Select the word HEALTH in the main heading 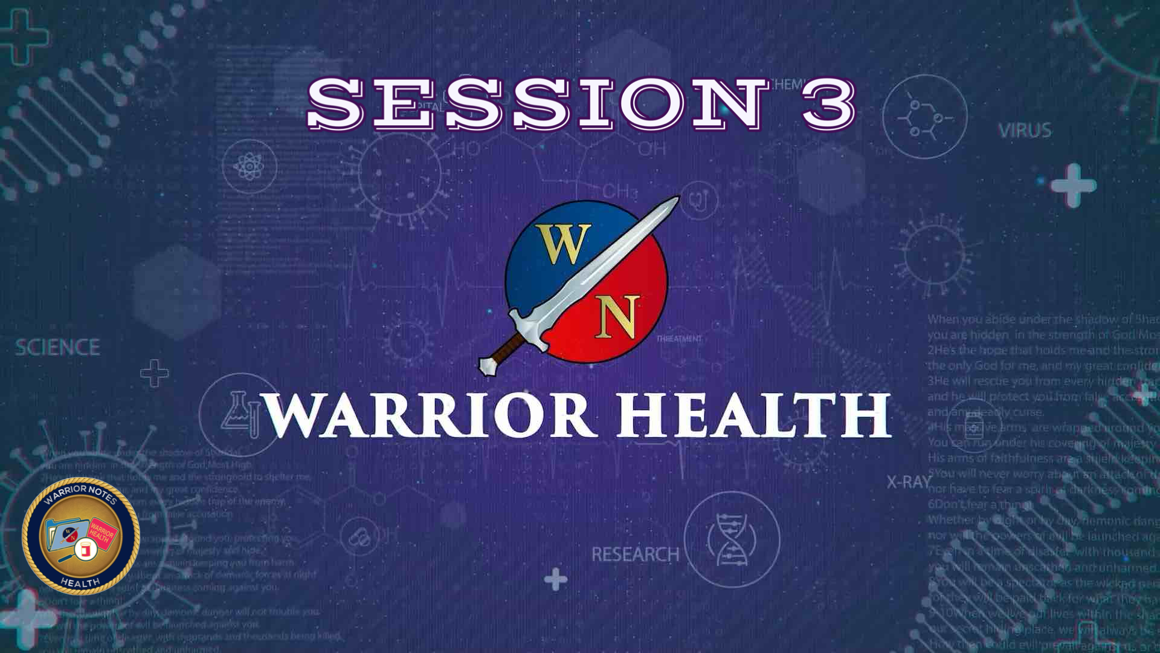(x=753, y=415)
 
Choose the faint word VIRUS (x=1025, y=131)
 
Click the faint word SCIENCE (x=57, y=347)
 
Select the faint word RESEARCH (x=634, y=554)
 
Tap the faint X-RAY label (x=909, y=482)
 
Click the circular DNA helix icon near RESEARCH (x=731, y=539)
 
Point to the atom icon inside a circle (x=249, y=166)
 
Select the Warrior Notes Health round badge (x=81, y=536)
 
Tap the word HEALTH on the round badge (x=80, y=582)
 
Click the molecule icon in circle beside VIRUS (x=924, y=117)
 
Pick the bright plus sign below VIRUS (x=1073, y=185)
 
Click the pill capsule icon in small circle (x=359, y=537)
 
